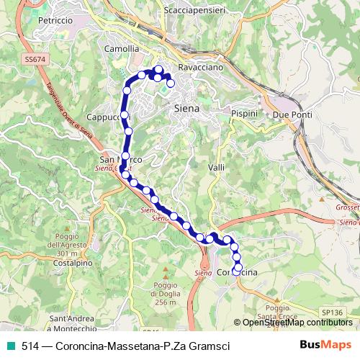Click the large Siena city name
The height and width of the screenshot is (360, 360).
(x=187, y=108)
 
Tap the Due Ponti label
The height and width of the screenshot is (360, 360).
(x=291, y=114)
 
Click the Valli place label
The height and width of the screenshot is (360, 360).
(x=216, y=167)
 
